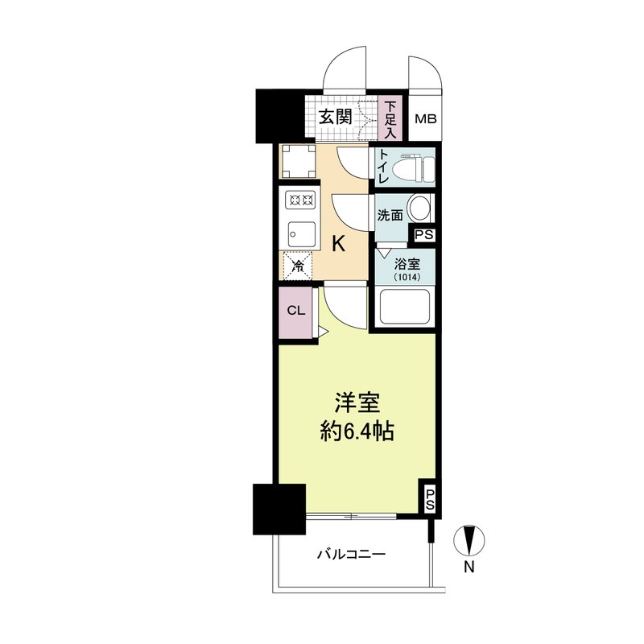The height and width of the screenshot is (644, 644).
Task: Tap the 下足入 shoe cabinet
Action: click(x=390, y=118)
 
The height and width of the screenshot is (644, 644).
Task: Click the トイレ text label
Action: click(x=383, y=169)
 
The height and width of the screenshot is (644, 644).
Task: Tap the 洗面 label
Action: click(x=390, y=215)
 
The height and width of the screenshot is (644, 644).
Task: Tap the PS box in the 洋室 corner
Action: click(x=429, y=499)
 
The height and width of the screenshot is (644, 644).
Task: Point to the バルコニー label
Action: click(x=352, y=554)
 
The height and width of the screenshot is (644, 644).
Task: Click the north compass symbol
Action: click(x=469, y=541)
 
